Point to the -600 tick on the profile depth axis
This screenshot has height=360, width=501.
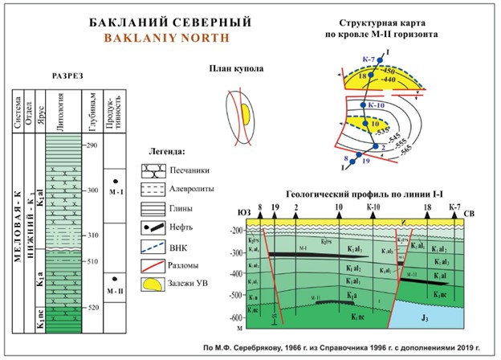(236, 321)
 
